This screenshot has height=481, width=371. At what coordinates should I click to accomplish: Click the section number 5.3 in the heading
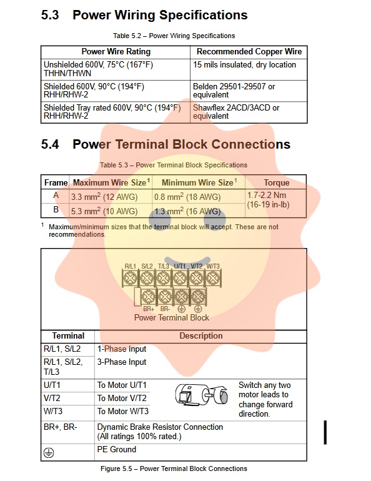50,15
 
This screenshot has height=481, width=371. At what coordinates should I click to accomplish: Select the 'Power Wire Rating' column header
116,51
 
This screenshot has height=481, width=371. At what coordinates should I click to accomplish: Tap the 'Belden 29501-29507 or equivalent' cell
234,91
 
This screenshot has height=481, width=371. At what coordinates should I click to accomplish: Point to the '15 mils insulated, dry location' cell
244,65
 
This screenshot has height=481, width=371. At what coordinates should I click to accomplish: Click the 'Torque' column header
277,182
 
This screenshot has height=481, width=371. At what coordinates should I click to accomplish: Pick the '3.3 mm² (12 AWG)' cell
104,197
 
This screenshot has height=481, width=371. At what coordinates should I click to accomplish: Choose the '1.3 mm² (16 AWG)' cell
187,211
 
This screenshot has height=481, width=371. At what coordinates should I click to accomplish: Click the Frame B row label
56,209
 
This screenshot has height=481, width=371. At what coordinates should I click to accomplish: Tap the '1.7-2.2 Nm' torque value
267,195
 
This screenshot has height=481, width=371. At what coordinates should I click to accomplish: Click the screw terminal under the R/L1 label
130,278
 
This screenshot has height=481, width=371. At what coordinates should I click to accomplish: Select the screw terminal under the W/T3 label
213,278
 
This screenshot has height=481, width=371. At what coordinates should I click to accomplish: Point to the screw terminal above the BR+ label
149,297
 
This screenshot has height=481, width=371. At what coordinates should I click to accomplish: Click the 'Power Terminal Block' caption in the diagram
172,317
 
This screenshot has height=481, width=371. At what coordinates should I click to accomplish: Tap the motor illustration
202,395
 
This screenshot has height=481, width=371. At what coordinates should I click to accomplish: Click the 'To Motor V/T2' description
122,398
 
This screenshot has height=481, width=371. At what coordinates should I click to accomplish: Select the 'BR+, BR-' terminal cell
61,427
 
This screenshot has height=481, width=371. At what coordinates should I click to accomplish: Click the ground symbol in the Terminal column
49,452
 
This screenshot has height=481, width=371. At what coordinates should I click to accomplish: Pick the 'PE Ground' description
117,449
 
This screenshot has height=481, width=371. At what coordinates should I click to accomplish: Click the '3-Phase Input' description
122,362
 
